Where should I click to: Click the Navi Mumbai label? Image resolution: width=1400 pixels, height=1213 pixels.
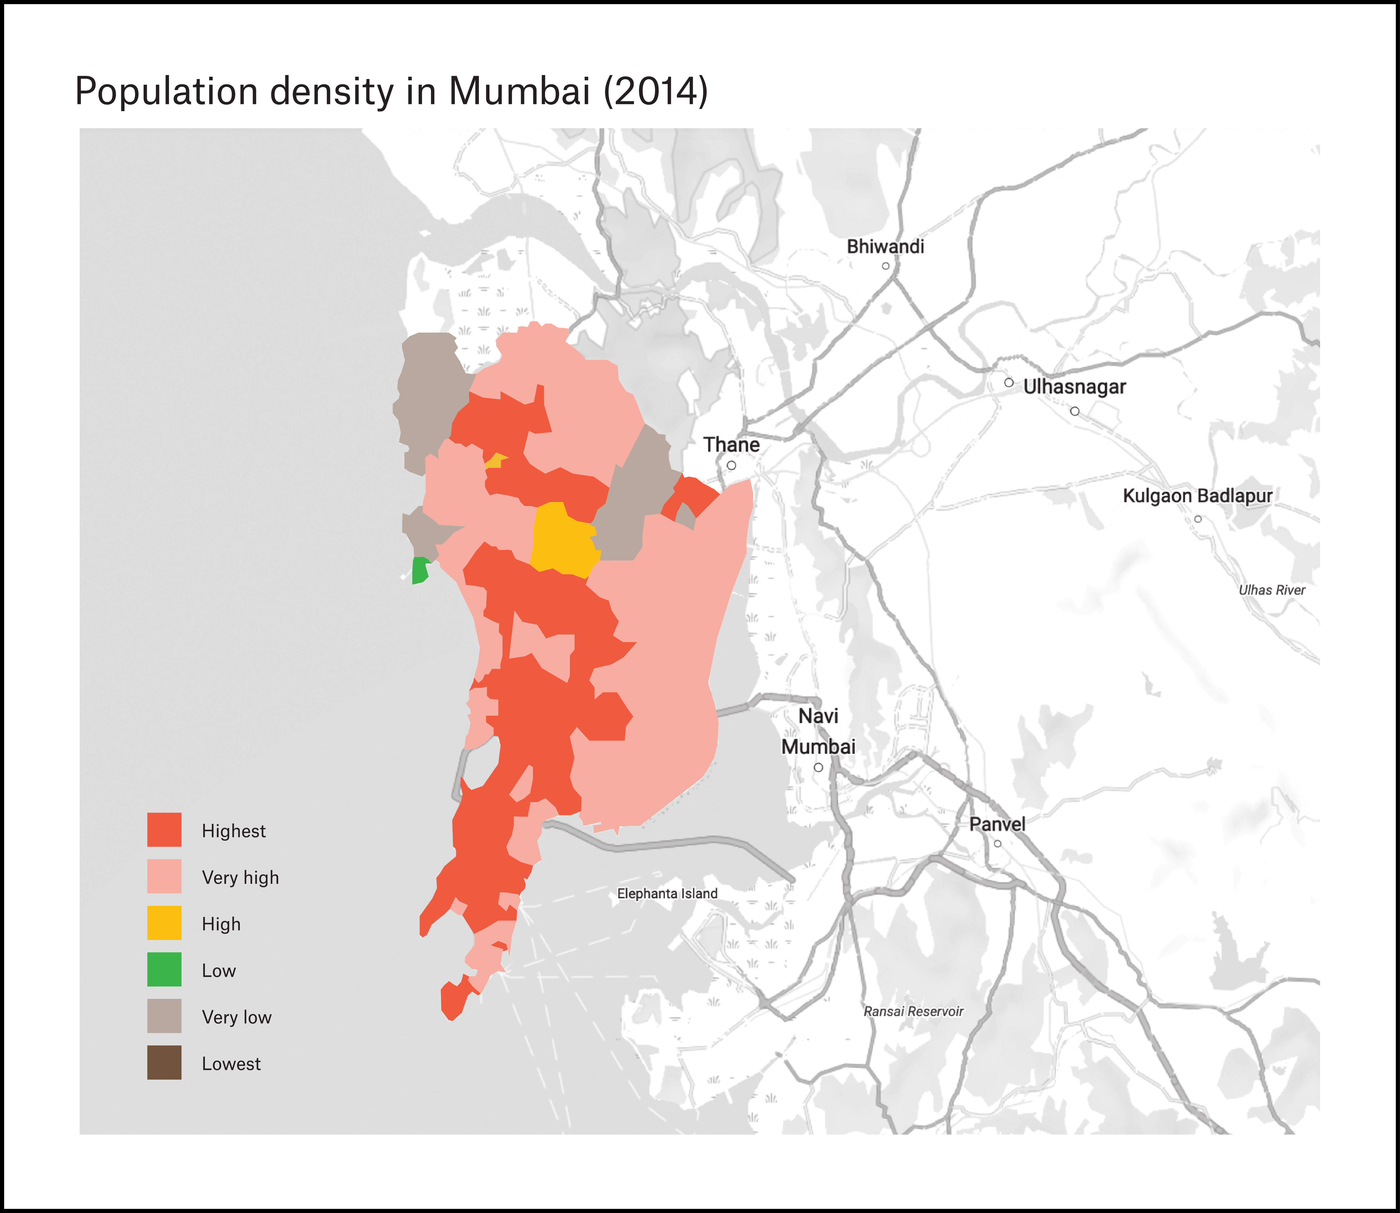[x=818, y=731]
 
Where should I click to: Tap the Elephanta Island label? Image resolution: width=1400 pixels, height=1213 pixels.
[x=667, y=893]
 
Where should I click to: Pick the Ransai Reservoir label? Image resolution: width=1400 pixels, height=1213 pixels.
[x=913, y=1011]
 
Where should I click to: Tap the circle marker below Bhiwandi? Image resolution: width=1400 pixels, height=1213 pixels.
[x=885, y=266]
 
